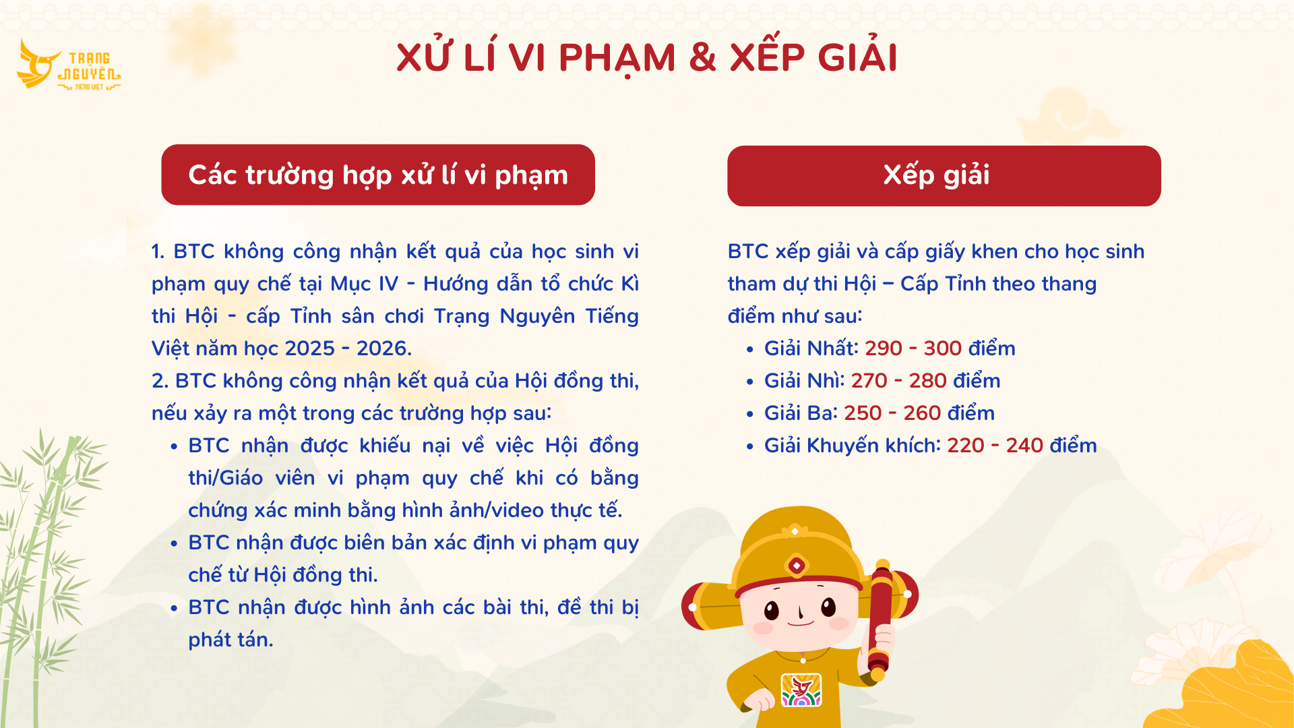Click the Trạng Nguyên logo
pos(69,65)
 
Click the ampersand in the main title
pos(702,57)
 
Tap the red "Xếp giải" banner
pos(944,175)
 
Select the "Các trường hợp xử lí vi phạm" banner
pos(378,175)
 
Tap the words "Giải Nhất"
pos(810,348)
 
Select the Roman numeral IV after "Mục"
pos(389,284)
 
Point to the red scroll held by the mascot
pos(880,620)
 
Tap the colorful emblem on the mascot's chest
pos(801,690)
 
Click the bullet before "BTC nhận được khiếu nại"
pos(174,447)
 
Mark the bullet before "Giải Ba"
pos(750,415)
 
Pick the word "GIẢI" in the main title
pos(857,57)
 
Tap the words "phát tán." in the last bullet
pos(230,640)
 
